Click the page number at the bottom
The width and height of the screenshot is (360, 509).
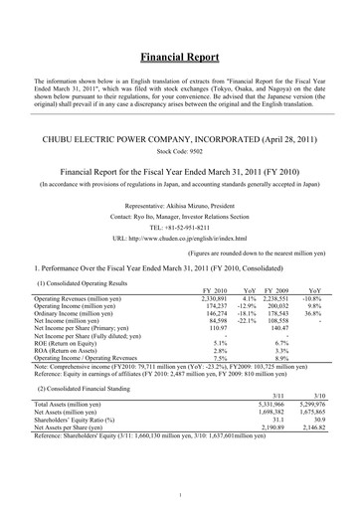(180, 494)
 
